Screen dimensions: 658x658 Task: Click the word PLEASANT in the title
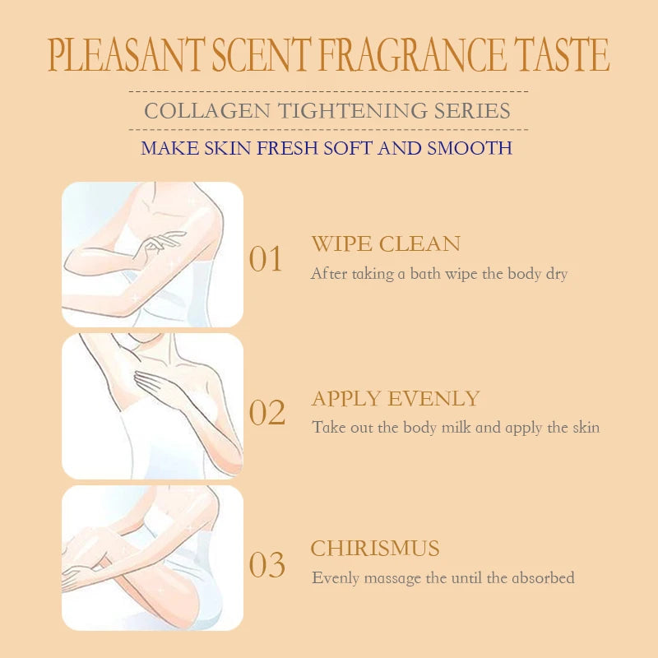click(x=125, y=55)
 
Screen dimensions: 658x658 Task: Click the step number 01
click(x=266, y=259)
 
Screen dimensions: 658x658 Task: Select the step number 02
click(x=266, y=413)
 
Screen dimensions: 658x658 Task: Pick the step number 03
click(x=266, y=565)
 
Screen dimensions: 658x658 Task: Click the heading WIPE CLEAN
click(x=386, y=243)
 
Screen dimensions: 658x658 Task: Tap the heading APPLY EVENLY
click(x=395, y=399)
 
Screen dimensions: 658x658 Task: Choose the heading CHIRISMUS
click(x=375, y=549)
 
